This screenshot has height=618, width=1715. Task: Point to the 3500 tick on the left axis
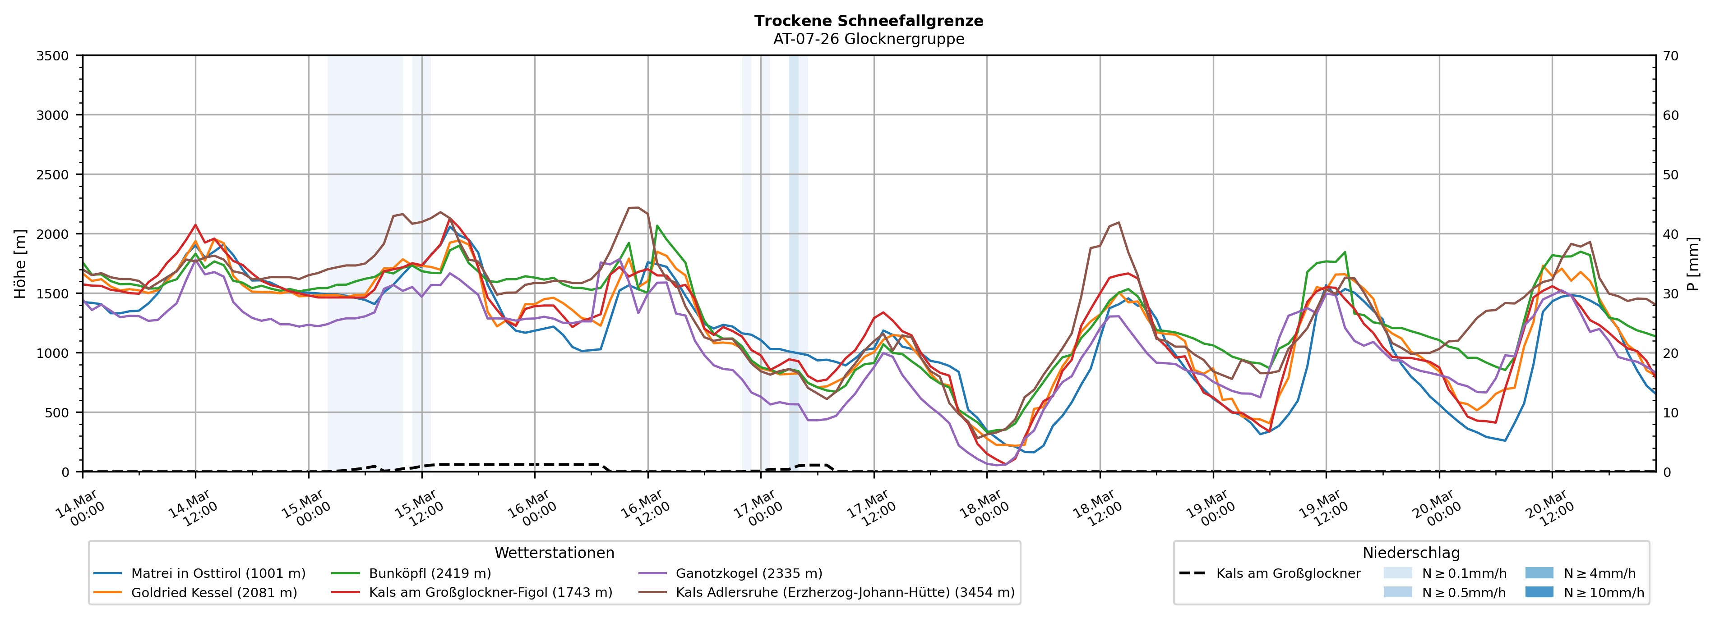click(53, 56)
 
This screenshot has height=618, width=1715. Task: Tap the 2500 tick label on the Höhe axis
click(53, 175)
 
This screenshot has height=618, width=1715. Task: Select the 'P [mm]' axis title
click(1693, 263)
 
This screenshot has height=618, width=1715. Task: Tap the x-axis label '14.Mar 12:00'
click(192, 509)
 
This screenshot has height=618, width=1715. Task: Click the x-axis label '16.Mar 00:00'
click(531, 509)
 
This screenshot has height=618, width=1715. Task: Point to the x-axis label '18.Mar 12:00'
click(1096, 509)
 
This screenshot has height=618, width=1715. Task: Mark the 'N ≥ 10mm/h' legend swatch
click(1539, 592)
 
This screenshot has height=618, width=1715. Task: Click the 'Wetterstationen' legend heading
click(554, 553)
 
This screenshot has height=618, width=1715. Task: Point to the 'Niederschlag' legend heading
click(1411, 553)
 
